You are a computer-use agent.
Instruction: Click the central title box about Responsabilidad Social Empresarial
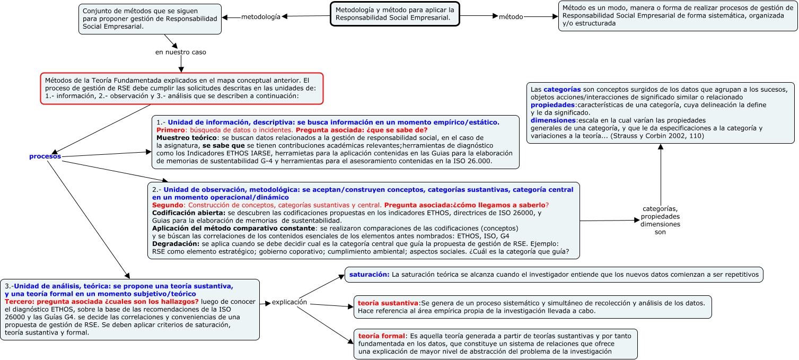coord(394,14)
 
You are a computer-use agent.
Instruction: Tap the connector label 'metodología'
coord(260,17)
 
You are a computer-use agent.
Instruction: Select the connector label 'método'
coord(511,17)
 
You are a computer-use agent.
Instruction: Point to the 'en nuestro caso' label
coord(181,52)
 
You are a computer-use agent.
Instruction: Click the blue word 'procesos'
coord(45,156)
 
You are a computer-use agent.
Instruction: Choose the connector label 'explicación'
coord(289,302)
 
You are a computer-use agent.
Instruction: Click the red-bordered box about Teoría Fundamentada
coord(181,88)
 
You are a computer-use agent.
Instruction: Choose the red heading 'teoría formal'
coord(381,336)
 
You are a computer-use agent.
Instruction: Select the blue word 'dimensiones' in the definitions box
coord(553,120)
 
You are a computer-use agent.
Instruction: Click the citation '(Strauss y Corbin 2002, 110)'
coord(658,136)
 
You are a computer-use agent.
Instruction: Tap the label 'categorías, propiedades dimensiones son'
coord(660,220)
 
